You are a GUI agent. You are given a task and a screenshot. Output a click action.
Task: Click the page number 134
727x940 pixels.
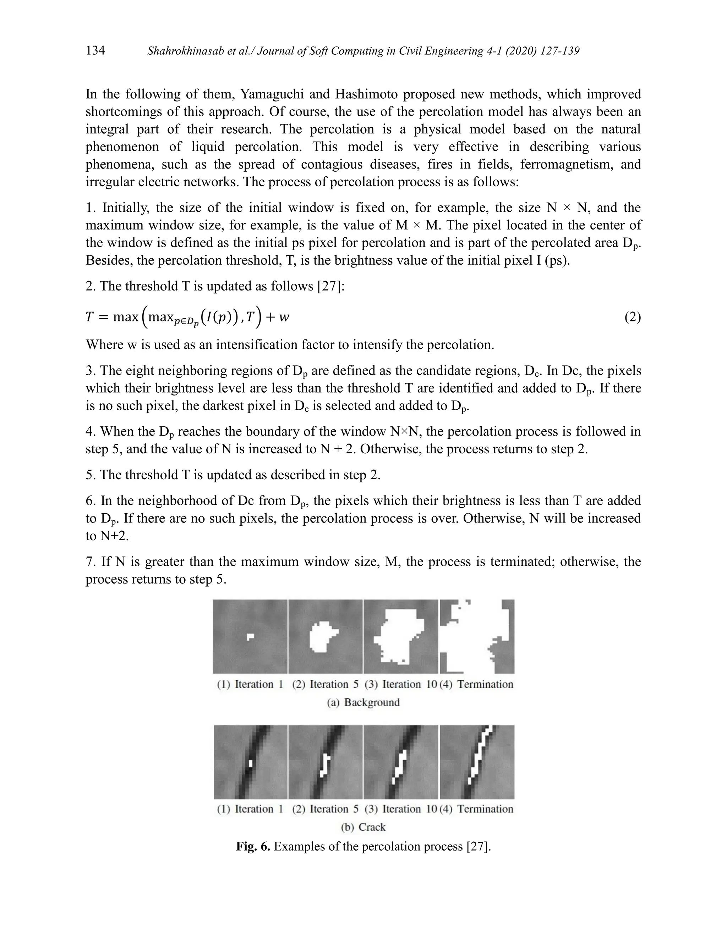(95, 50)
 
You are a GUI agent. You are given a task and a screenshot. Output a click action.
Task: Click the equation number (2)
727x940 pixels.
(632, 317)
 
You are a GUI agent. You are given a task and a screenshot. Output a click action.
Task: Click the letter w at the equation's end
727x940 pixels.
(284, 317)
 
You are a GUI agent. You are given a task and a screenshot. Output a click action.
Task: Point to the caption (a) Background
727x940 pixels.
(363, 702)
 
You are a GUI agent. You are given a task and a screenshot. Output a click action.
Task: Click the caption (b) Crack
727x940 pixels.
(363, 827)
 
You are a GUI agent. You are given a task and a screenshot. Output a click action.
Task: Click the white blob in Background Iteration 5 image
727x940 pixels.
(321, 636)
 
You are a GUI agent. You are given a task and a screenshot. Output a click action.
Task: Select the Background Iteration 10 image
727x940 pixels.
(400, 636)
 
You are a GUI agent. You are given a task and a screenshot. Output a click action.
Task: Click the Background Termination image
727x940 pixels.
(477, 636)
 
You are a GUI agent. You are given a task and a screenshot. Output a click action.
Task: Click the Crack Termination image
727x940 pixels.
(477, 762)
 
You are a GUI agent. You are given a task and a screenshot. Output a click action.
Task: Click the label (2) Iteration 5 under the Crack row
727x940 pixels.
(325, 809)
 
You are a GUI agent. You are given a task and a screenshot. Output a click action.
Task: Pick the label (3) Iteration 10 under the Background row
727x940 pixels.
(400, 684)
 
